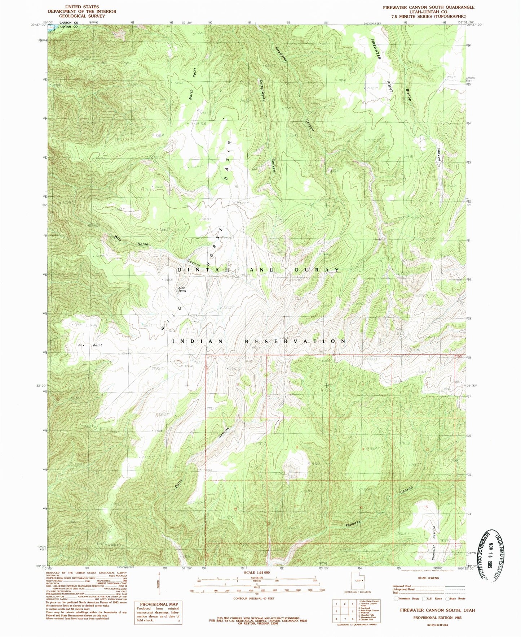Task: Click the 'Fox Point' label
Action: (90, 345)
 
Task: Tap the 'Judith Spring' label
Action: (182, 289)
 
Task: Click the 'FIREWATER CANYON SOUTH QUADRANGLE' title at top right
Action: (428, 7)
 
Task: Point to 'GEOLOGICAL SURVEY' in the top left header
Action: (82, 16)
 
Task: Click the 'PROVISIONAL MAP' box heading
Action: (159, 604)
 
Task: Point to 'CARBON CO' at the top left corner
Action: (71, 22)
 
